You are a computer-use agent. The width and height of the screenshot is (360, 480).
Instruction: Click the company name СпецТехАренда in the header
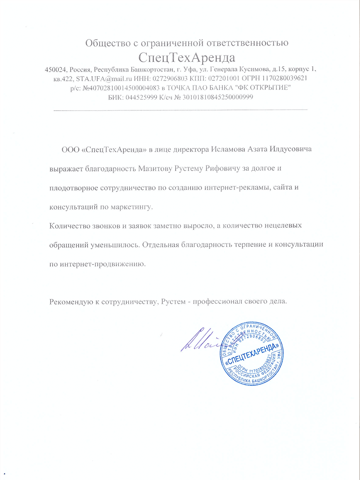[x=186, y=57]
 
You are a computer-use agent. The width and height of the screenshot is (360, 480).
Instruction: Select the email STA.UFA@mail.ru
[x=104, y=78]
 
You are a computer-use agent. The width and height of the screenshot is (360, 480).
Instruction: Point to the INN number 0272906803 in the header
[x=170, y=78]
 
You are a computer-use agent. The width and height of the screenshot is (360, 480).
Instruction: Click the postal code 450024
[x=56, y=69]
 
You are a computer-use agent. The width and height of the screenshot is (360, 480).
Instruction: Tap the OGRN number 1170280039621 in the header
[x=285, y=78]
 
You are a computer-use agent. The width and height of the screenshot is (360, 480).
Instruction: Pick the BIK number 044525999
[x=139, y=97]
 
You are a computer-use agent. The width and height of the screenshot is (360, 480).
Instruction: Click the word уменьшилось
[x=115, y=245]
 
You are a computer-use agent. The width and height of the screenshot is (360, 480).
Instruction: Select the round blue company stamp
[x=252, y=353]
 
